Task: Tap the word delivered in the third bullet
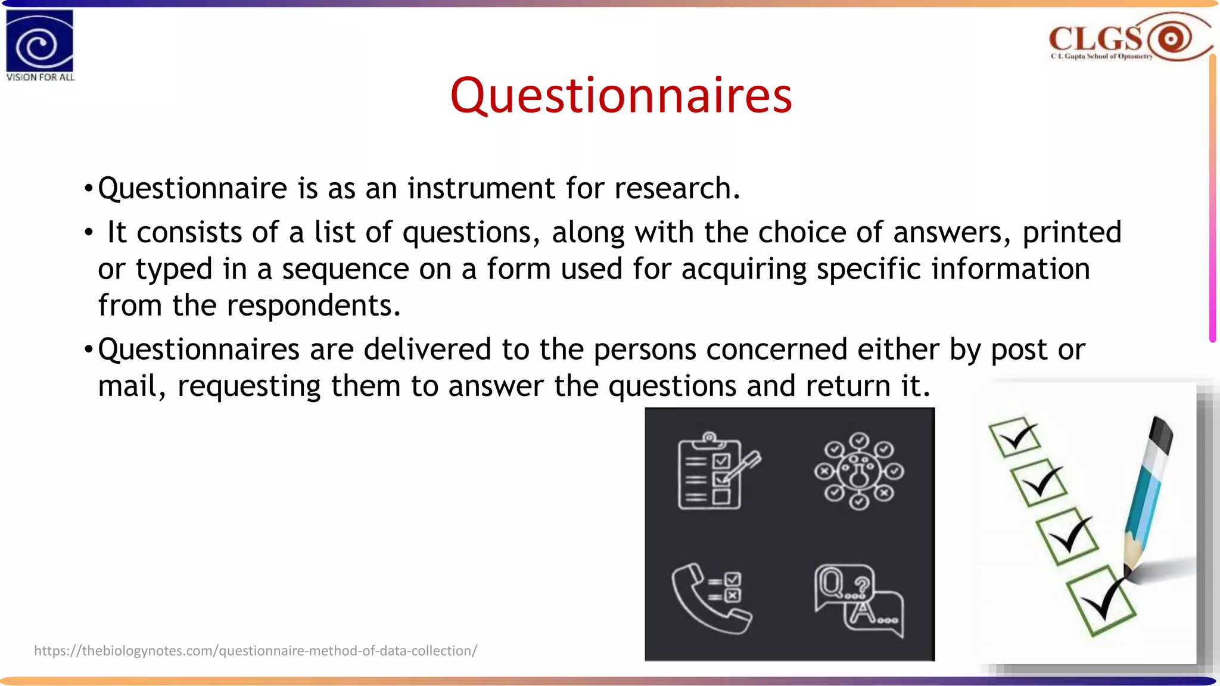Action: point(427,349)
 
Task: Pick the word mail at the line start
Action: point(127,386)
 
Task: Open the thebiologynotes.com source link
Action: point(256,650)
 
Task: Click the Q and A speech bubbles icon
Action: point(858,600)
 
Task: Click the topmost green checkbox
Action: point(1014,437)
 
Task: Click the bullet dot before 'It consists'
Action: point(88,233)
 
